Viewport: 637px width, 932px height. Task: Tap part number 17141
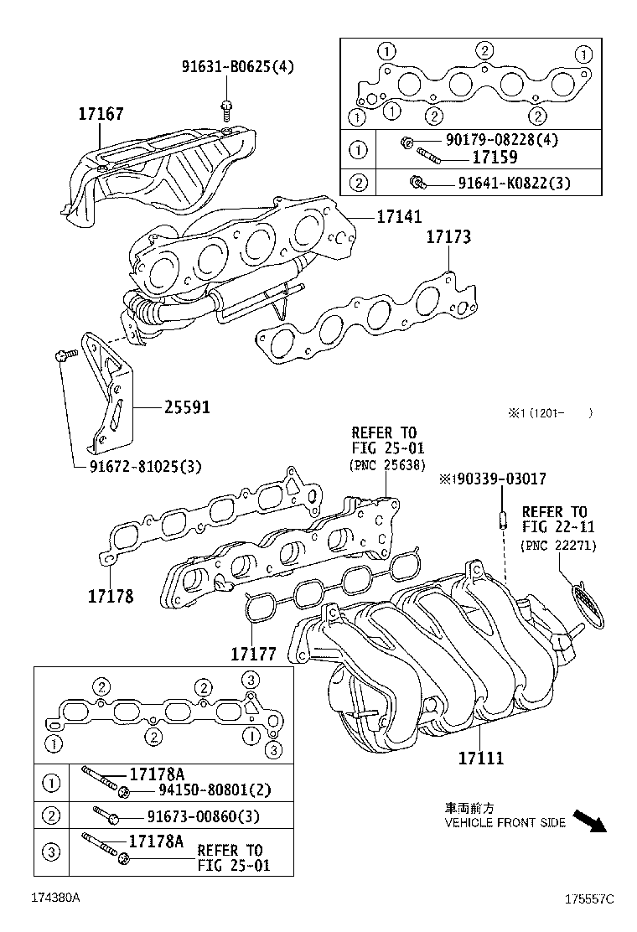point(399,217)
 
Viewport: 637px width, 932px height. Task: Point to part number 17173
point(448,237)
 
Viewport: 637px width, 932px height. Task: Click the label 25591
point(186,408)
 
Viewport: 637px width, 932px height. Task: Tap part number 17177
point(254,651)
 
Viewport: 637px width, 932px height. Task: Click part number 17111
point(480,758)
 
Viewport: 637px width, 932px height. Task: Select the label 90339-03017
point(497,479)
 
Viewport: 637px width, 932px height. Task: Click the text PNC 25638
point(387,464)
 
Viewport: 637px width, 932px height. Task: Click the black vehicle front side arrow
point(588,821)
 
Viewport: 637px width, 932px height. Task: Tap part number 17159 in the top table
point(494,157)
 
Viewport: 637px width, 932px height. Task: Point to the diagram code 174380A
point(55,898)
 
